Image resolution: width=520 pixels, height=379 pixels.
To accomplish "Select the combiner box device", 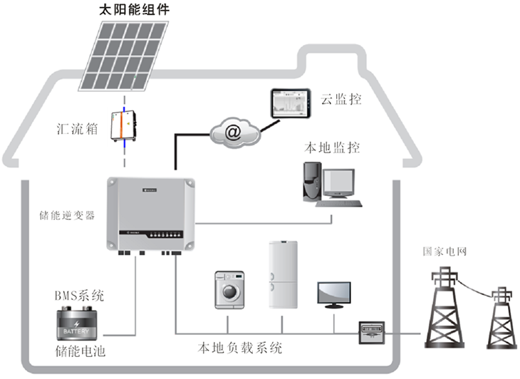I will coord(123,126).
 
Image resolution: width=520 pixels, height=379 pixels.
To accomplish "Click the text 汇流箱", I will coord(76,129).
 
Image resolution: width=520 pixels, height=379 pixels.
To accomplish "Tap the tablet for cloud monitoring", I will coord(290,105).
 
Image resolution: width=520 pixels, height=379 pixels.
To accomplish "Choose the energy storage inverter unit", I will coord(150,214).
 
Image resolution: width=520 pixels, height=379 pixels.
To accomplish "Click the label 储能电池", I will coord(80,351).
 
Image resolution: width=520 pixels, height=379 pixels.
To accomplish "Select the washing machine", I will coord(230,291).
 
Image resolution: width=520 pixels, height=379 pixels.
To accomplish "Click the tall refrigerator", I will coord(283,274).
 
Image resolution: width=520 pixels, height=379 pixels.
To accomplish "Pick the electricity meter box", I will coord(371,330).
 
